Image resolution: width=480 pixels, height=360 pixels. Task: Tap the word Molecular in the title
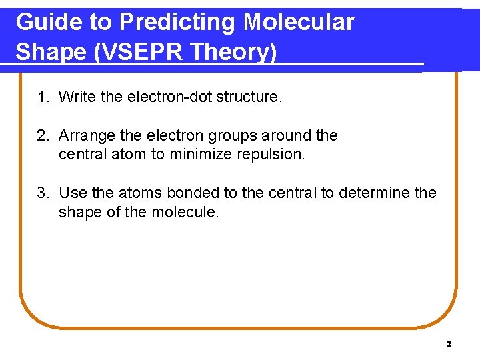298,22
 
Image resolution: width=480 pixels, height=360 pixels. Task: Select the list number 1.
43,97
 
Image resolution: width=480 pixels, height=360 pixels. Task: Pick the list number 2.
43,136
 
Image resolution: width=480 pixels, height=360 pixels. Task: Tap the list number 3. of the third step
43,193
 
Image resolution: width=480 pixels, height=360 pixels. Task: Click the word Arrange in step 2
85,136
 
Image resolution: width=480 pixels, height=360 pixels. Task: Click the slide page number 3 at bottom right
449,345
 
